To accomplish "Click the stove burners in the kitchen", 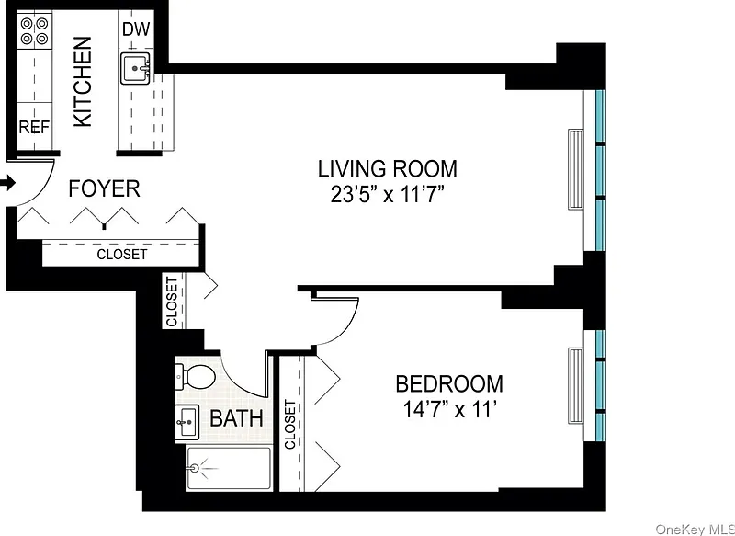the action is click(35, 30).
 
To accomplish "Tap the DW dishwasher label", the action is click(135, 29).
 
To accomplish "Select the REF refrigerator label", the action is click(34, 127).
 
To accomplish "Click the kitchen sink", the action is click(135, 68).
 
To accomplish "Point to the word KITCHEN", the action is click(83, 82).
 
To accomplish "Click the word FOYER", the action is click(104, 188).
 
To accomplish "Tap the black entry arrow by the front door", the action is click(8, 183).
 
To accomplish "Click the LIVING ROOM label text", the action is click(387, 169).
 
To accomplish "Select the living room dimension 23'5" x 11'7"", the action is click(387, 195).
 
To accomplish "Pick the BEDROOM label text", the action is click(449, 383).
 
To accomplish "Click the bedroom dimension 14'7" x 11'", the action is click(449, 410).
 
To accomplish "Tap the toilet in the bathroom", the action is click(195, 375).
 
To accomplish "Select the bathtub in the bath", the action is click(229, 469).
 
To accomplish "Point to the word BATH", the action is click(236, 417).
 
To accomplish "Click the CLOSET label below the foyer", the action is click(122, 255).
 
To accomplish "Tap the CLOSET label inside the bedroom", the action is click(290, 425).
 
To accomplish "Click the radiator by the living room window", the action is click(576, 169).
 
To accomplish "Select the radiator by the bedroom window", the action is click(576, 385).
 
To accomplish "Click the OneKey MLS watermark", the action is click(695, 530).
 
